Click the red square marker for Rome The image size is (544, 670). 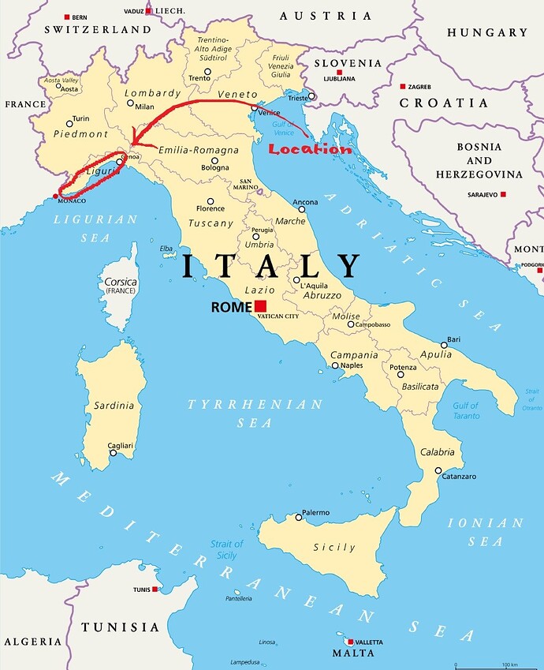(260, 306)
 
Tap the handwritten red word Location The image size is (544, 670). (309, 149)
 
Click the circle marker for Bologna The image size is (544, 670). (214, 159)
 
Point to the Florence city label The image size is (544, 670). (211, 209)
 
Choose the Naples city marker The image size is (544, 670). (335, 365)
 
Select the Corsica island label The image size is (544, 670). (121, 282)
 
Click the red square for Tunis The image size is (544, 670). (156, 590)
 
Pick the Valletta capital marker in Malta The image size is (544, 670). (350, 642)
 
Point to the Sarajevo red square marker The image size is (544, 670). (502, 194)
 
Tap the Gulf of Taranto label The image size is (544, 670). (466, 410)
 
